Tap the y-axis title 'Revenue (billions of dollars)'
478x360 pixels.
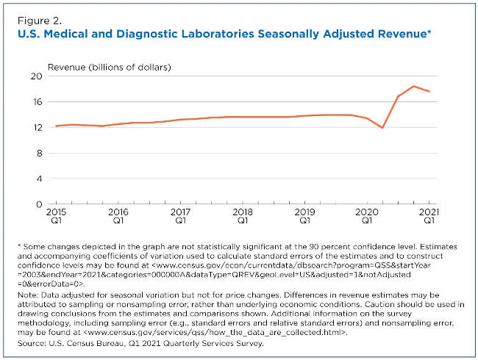pyautogui.click(x=110, y=68)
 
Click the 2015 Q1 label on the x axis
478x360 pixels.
pyautogui.click(x=55, y=215)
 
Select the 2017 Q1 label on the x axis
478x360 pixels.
pyautogui.click(x=180, y=215)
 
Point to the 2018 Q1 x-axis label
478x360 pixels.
pyautogui.click(x=242, y=215)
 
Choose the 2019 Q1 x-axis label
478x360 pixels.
pyautogui.click(x=304, y=215)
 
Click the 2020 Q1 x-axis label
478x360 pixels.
pyautogui.click(x=366, y=215)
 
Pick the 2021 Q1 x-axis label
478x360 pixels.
pyautogui.click(x=429, y=215)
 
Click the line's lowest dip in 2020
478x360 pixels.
pyautogui.click(x=382, y=128)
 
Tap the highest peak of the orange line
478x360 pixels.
pyautogui.click(x=413, y=87)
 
